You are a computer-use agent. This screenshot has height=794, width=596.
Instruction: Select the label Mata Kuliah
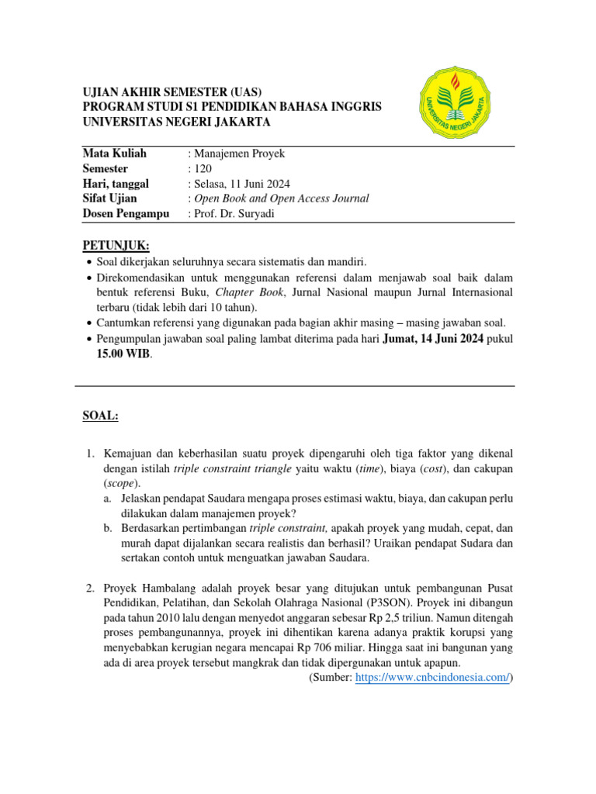114,154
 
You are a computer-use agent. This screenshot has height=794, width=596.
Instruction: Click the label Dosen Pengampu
126,214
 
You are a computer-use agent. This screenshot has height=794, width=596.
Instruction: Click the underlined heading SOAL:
100,416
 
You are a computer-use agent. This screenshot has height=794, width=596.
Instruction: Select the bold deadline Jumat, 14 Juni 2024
432,338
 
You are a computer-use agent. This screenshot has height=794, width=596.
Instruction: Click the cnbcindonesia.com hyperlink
432,678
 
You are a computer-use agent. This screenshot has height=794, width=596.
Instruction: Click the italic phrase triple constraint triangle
232,469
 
